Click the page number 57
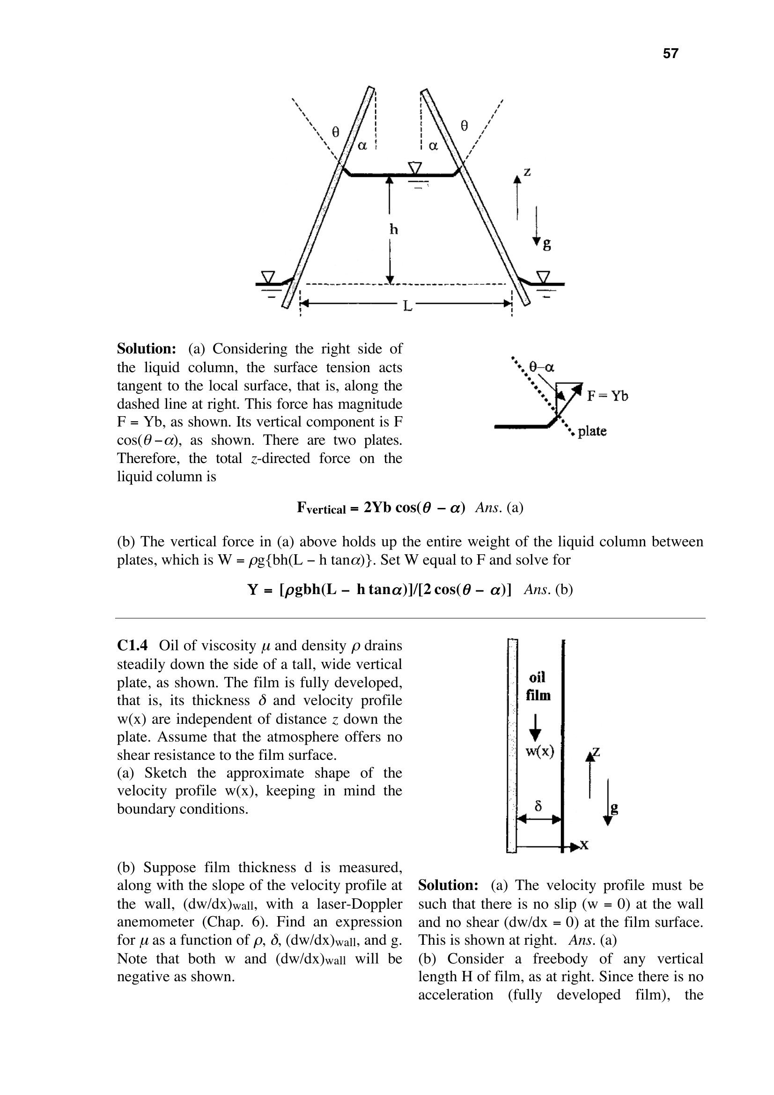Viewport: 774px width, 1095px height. tap(670, 53)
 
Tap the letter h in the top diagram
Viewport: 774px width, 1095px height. tap(393, 230)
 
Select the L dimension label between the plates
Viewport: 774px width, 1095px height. tap(407, 306)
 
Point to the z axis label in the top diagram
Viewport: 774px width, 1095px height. tap(527, 172)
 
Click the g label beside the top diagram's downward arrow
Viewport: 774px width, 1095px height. tap(546, 245)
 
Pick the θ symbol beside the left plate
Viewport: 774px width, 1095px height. tap(336, 132)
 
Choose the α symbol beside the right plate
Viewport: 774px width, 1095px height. tap(433, 146)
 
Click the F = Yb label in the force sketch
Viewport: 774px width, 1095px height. tap(607, 396)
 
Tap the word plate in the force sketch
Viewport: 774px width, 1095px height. tap(592, 432)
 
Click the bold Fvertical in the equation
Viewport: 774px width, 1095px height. tap(321, 508)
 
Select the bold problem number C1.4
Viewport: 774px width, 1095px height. tap(133, 646)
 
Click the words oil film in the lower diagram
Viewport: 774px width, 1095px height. tap(538, 687)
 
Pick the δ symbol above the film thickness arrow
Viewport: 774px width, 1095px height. tap(539, 806)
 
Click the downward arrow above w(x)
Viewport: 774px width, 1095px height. tap(536, 728)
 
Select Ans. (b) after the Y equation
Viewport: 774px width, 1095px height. tap(548, 590)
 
